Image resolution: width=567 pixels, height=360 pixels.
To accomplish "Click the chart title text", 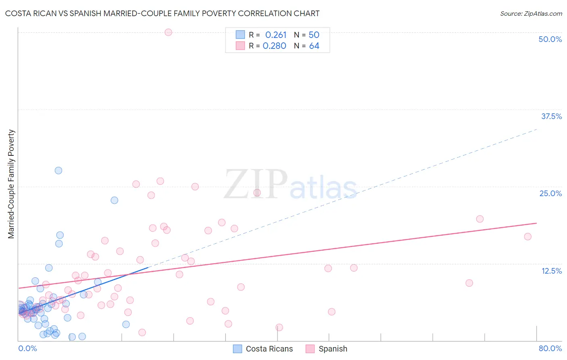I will click(x=162, y=13).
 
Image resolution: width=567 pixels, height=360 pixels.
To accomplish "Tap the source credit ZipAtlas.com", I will click(x=531, y=13).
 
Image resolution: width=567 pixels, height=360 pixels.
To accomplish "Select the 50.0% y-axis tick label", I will click(x=550, y=39).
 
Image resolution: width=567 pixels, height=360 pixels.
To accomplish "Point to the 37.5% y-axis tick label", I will click(x=551, y=116).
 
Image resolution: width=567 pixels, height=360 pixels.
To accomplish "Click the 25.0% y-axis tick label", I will click(x=550, y=193).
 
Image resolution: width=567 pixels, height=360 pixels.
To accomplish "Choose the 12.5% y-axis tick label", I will click(x=551, y=271).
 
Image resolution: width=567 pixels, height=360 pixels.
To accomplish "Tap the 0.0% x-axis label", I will click(x=27, y=348).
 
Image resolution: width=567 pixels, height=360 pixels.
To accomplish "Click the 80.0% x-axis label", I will click(x=550, y=348).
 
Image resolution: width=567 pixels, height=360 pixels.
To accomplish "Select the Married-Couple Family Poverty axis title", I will click(x=11, y=184).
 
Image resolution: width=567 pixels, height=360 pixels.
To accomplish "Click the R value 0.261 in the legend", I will click(x=275, y=35).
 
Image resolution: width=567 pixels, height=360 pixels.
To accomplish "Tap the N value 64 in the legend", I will click(x=314, y=46).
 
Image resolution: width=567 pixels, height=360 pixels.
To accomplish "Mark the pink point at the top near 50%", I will click(x=168, y=32).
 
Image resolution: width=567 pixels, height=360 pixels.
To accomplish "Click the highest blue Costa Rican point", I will click(x=58, y=170).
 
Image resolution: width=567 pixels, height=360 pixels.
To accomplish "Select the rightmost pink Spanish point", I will click(x=527, y=237).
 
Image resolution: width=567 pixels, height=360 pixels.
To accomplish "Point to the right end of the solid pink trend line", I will click(x=536, y=223).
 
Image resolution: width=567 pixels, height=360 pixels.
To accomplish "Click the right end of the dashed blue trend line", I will click(x=536, y=129).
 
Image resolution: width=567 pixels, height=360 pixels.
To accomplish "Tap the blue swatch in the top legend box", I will click(x=240, y=35).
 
